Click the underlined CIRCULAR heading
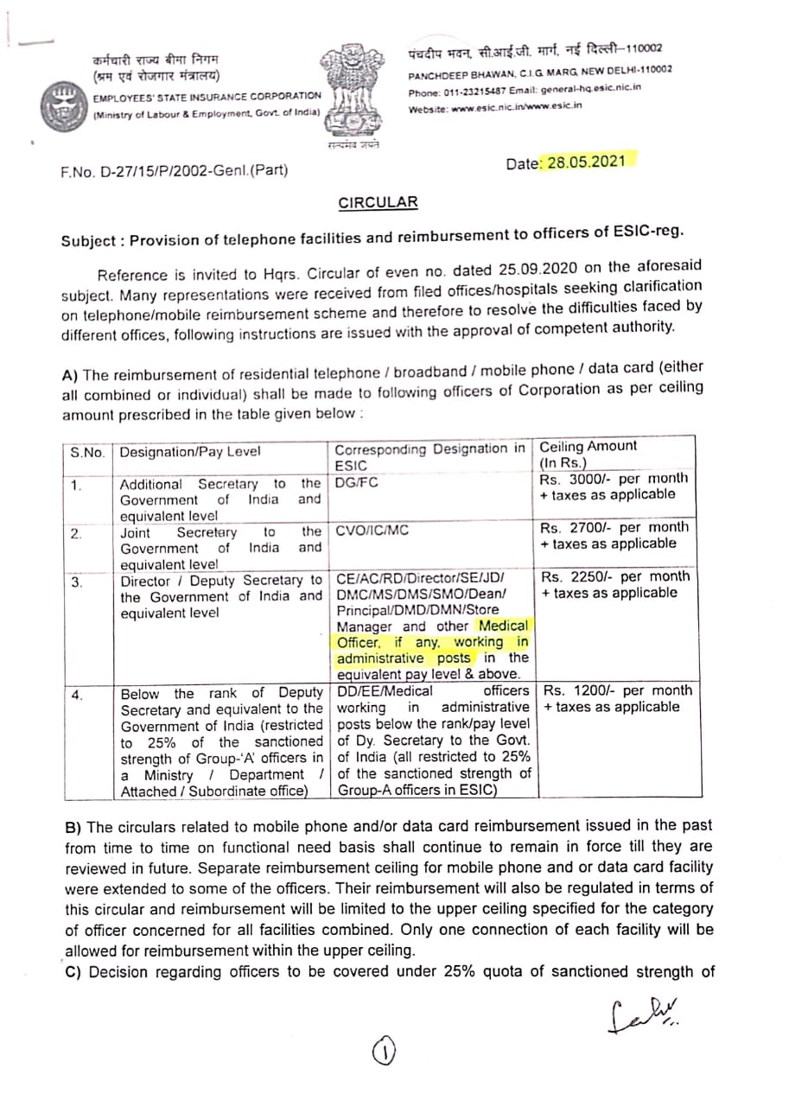point(378,203)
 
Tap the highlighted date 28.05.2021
point(586,162)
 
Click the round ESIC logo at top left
point(63,105)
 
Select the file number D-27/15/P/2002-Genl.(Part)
point(175,171)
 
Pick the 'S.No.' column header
point(88,452)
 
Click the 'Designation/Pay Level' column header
point(190,452)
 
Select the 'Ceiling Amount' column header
point(588,447)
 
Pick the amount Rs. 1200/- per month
point(615,690)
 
